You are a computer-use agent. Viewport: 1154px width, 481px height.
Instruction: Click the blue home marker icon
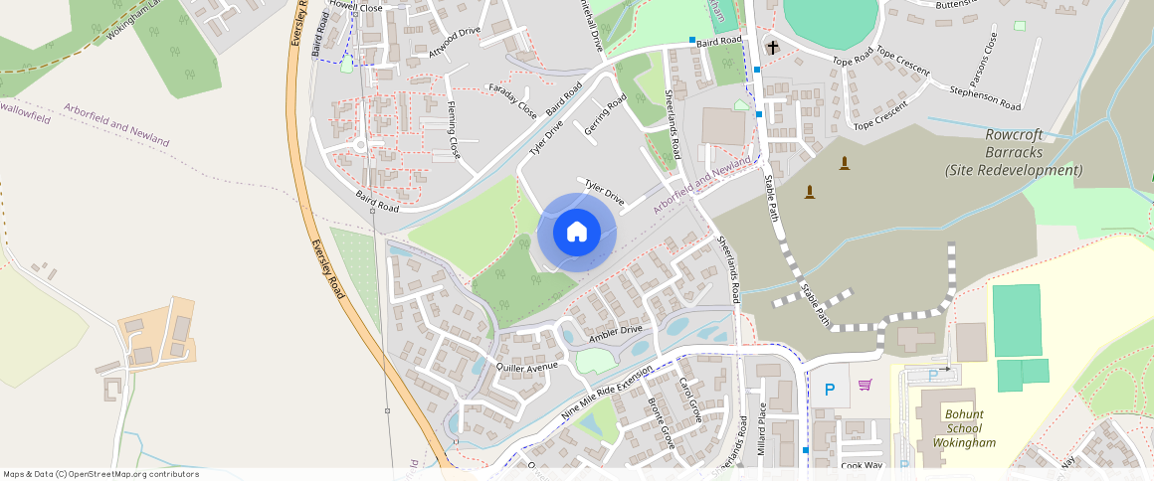pos(576,232)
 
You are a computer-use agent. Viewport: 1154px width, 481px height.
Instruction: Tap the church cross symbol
pos(773,47)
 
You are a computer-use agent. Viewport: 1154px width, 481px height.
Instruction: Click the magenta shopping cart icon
pos(865,385)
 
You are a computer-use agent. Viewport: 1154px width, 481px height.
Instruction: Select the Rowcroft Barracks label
pos(1012,153)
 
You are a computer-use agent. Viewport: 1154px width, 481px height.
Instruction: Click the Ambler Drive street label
pos(617,330)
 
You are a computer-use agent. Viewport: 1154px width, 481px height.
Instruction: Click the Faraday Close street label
pos(512,101)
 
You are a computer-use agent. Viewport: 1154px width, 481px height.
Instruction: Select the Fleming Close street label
pos(454,130)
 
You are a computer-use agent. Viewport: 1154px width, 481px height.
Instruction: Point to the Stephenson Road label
pos(985,97)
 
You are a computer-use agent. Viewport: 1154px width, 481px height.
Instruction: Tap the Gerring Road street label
pos(606,115)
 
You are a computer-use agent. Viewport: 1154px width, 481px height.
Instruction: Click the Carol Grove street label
pos(689,401)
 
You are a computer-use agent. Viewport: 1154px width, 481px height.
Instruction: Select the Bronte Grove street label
pos(662,424)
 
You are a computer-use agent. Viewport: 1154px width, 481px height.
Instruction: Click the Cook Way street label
pos(862,465)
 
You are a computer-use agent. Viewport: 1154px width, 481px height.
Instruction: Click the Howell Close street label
pos(355,7)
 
